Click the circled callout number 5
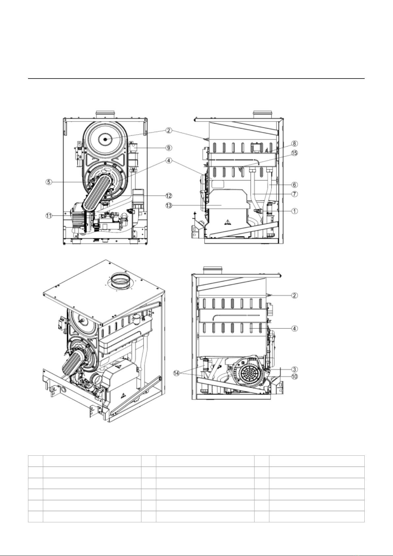coord(49,182)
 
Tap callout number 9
coord(168,148)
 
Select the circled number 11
coord(48,216)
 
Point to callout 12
coord(168,196)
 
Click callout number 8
coord(294,144)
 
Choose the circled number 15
coord(294,153)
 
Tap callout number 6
coord(294,185)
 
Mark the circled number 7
coord(294,194)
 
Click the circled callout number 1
coord(294,211)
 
